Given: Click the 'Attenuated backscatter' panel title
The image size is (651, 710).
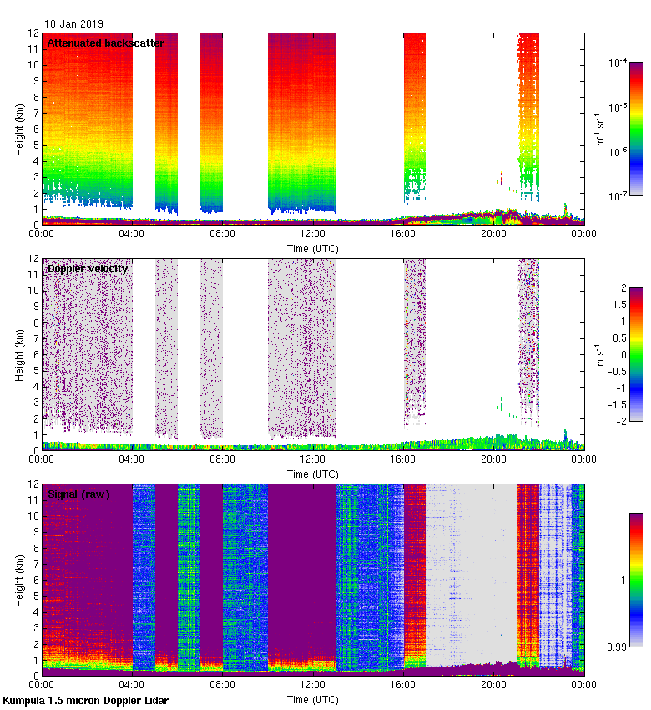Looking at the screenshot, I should (106, 43).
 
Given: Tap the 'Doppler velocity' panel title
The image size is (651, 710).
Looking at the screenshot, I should (88, 268).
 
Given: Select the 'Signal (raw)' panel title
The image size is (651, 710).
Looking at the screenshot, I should (78, 494).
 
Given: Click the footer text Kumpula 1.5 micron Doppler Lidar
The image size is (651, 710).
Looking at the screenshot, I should (85, 700).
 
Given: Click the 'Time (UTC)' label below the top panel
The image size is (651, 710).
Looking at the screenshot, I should (313, 248).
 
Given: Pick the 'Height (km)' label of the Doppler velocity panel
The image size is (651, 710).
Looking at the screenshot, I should (19, 354).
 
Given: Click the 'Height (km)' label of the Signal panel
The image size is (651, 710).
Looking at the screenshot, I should (19, 580).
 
